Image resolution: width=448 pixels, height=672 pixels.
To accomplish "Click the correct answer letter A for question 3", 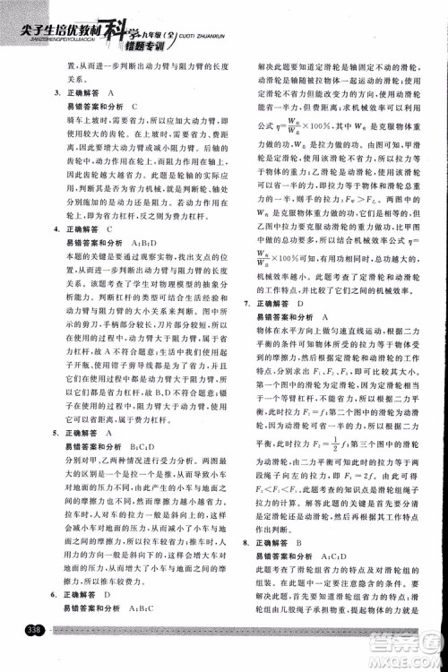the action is tap(111, 93).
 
